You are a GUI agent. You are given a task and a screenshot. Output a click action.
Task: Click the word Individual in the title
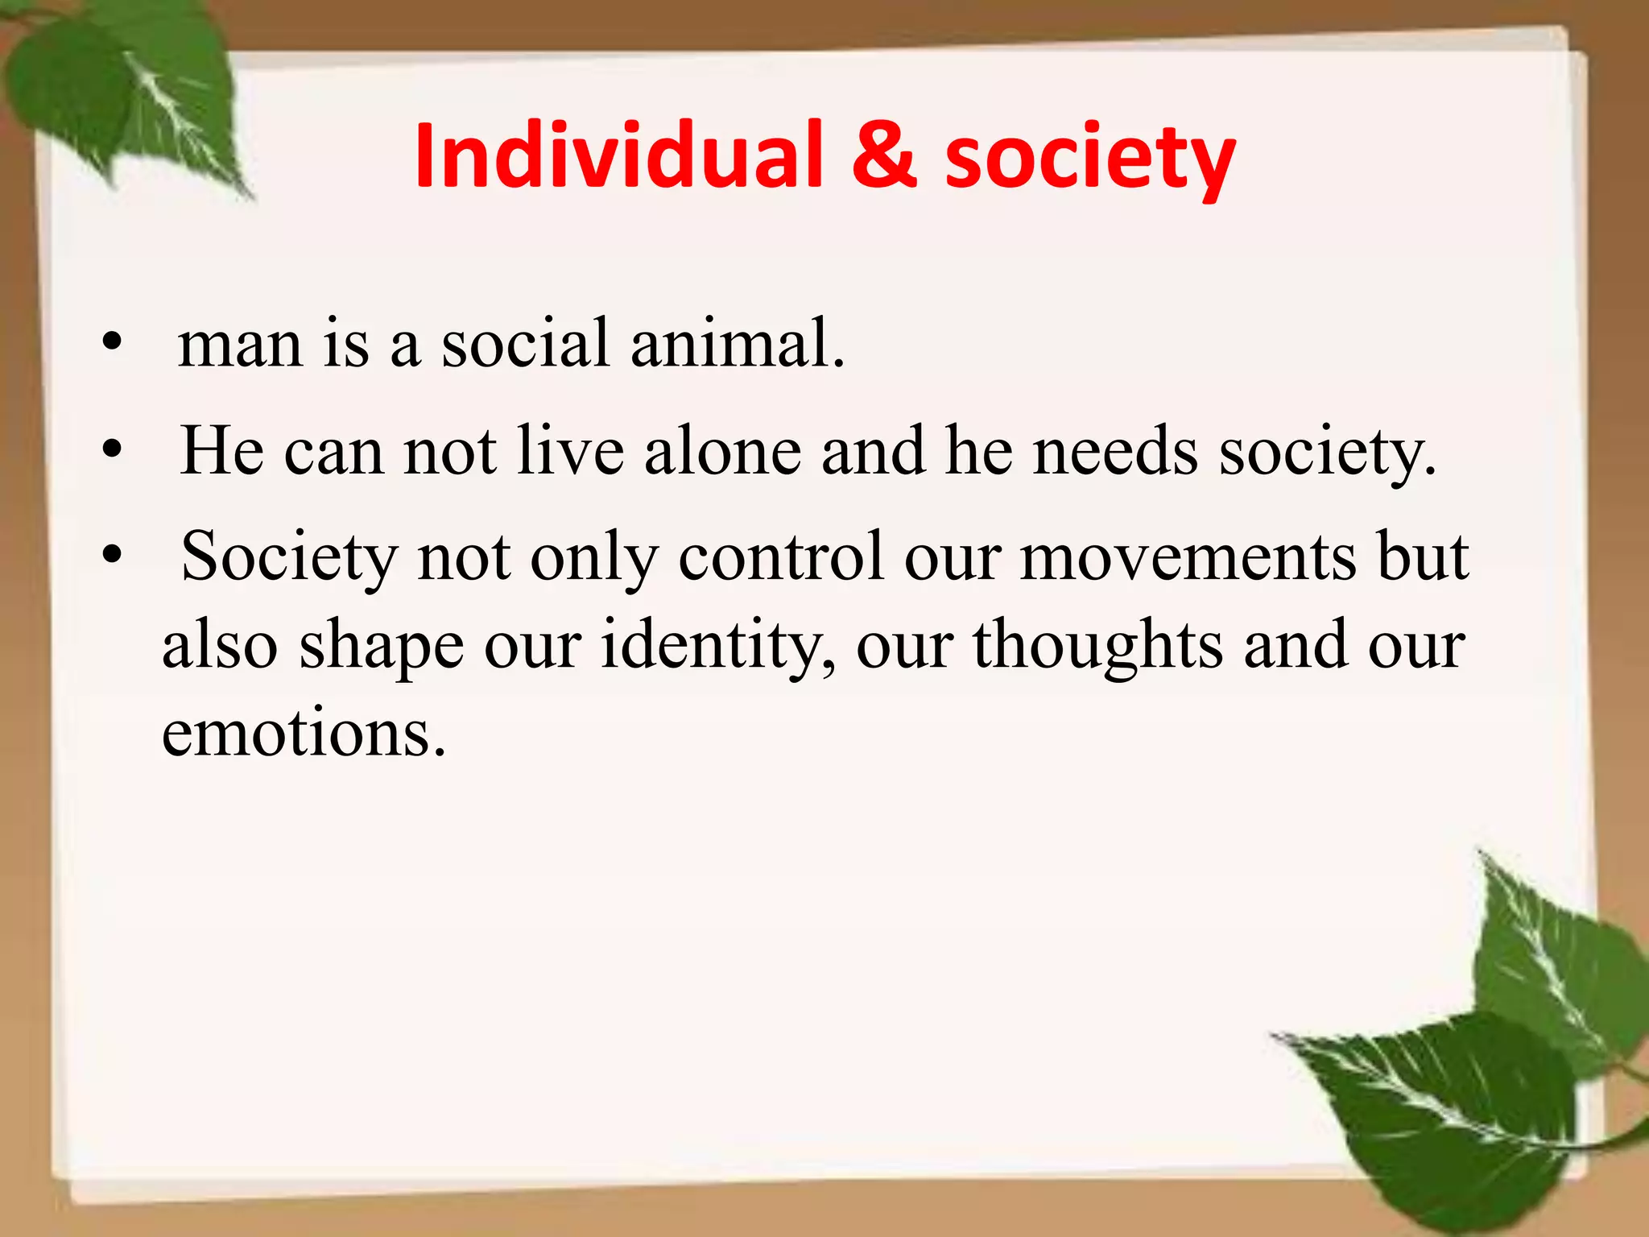pyautogui.click(x=619, y=156)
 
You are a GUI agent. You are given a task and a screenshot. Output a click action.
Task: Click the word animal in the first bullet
pyautogui.click(x=737, y=344)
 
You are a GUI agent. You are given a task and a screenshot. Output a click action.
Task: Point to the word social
pyautogui.click(x=525, y=344)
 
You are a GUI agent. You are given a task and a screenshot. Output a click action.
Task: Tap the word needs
pyautogui.click(x=1116, y=451)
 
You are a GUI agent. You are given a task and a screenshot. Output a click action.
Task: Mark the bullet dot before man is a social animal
pyautogui.click(x=112, y=345)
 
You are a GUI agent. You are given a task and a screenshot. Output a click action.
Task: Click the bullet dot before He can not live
pyautogui.click(x=112, y=450)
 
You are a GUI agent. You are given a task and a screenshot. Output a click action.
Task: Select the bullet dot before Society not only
pyautogui.click(x=112, y=556)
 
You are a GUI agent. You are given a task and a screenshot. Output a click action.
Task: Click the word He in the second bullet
pyautogui.click(x=222, y=451)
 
